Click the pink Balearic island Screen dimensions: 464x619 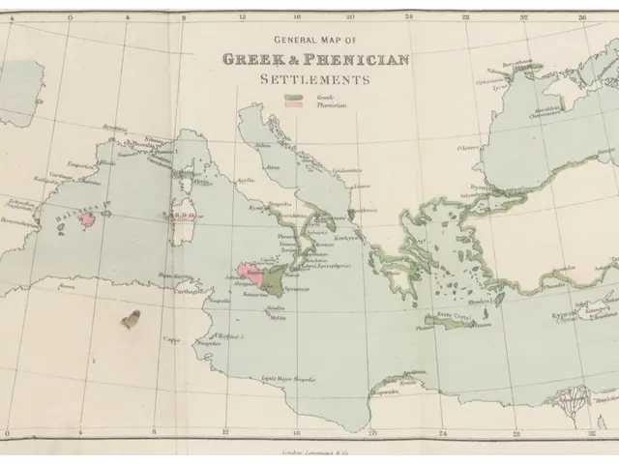[x=87, y=218]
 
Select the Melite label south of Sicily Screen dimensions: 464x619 [x=278, y=317]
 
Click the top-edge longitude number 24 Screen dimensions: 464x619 [x=409, y=16]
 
